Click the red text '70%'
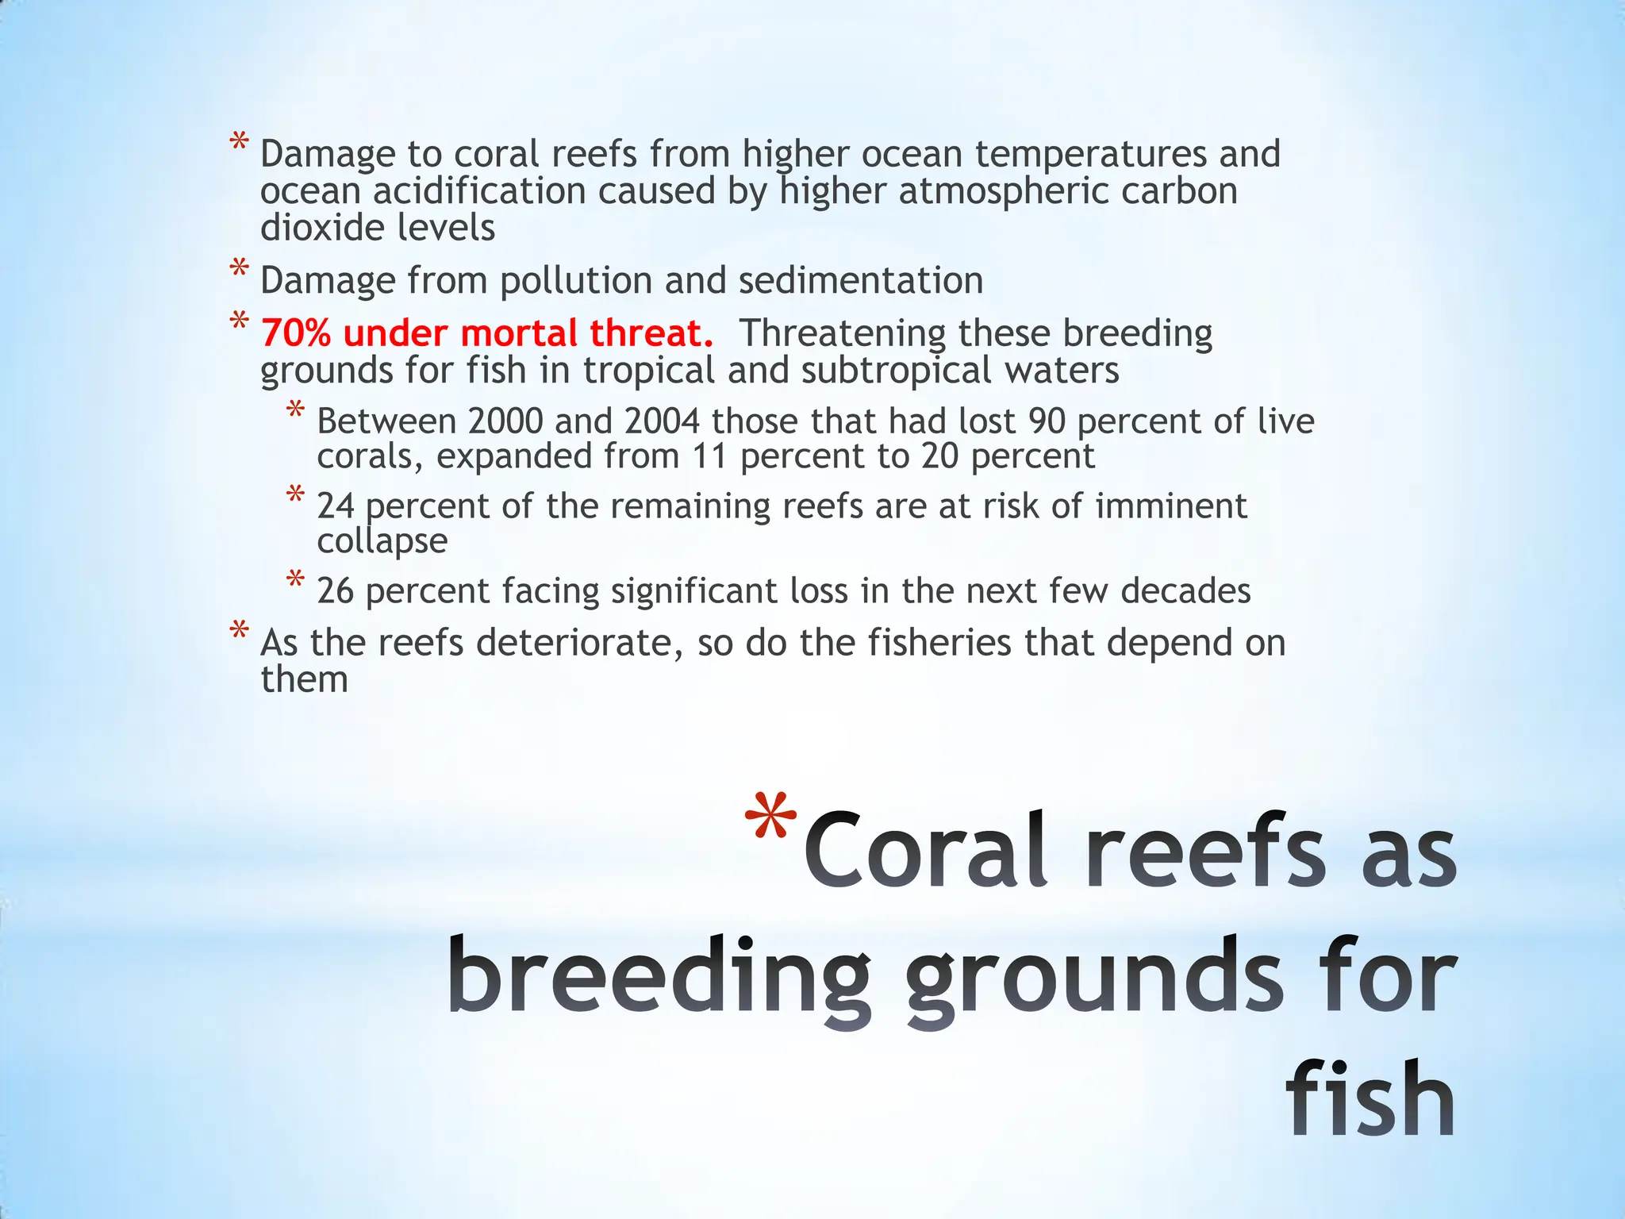coord(295,333)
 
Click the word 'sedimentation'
coord(861,281)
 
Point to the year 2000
coord(505,421)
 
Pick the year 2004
coord(662,421)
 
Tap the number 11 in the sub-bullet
coord(710,457)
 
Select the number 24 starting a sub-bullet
coord(335,506)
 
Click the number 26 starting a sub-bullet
coord(335,591)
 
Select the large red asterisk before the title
coord(771,819)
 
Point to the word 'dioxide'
coord(322,229)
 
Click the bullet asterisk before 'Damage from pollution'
coord(239,269)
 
